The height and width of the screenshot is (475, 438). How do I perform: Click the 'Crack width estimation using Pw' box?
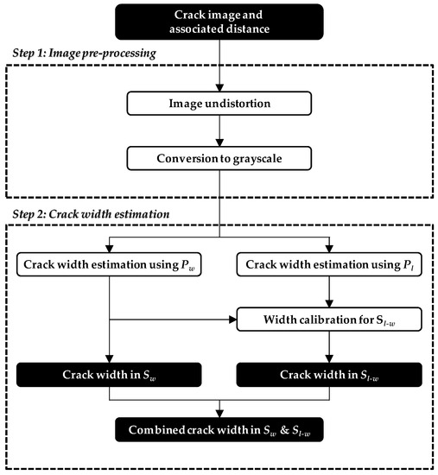(109, 263)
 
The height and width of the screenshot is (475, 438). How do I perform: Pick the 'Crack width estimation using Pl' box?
(328, 263)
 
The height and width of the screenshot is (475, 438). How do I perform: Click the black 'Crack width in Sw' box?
(109, 374)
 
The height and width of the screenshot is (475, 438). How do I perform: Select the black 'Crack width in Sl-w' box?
(328, 374)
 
